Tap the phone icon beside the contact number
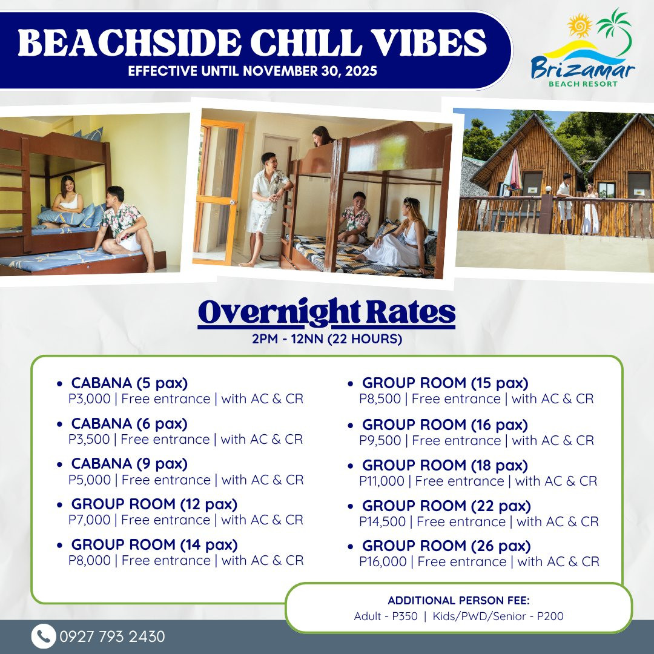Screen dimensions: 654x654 click(44, 636)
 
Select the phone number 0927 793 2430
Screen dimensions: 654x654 click(112, 636)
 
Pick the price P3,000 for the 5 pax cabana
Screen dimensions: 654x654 click(90, 398)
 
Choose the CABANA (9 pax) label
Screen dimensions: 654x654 click(130, 463)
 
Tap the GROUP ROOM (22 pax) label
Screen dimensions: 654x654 click(446, 506)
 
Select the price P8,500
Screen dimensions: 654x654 click(380, 398)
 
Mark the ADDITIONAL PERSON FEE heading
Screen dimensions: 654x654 click(458, 600)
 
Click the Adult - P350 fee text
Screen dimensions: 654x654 click(386, 616)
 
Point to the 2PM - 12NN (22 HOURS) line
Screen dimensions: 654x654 click(327, 339)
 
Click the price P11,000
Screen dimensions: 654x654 click(381, 481)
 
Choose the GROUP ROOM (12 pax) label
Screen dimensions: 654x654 click(154, 504)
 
